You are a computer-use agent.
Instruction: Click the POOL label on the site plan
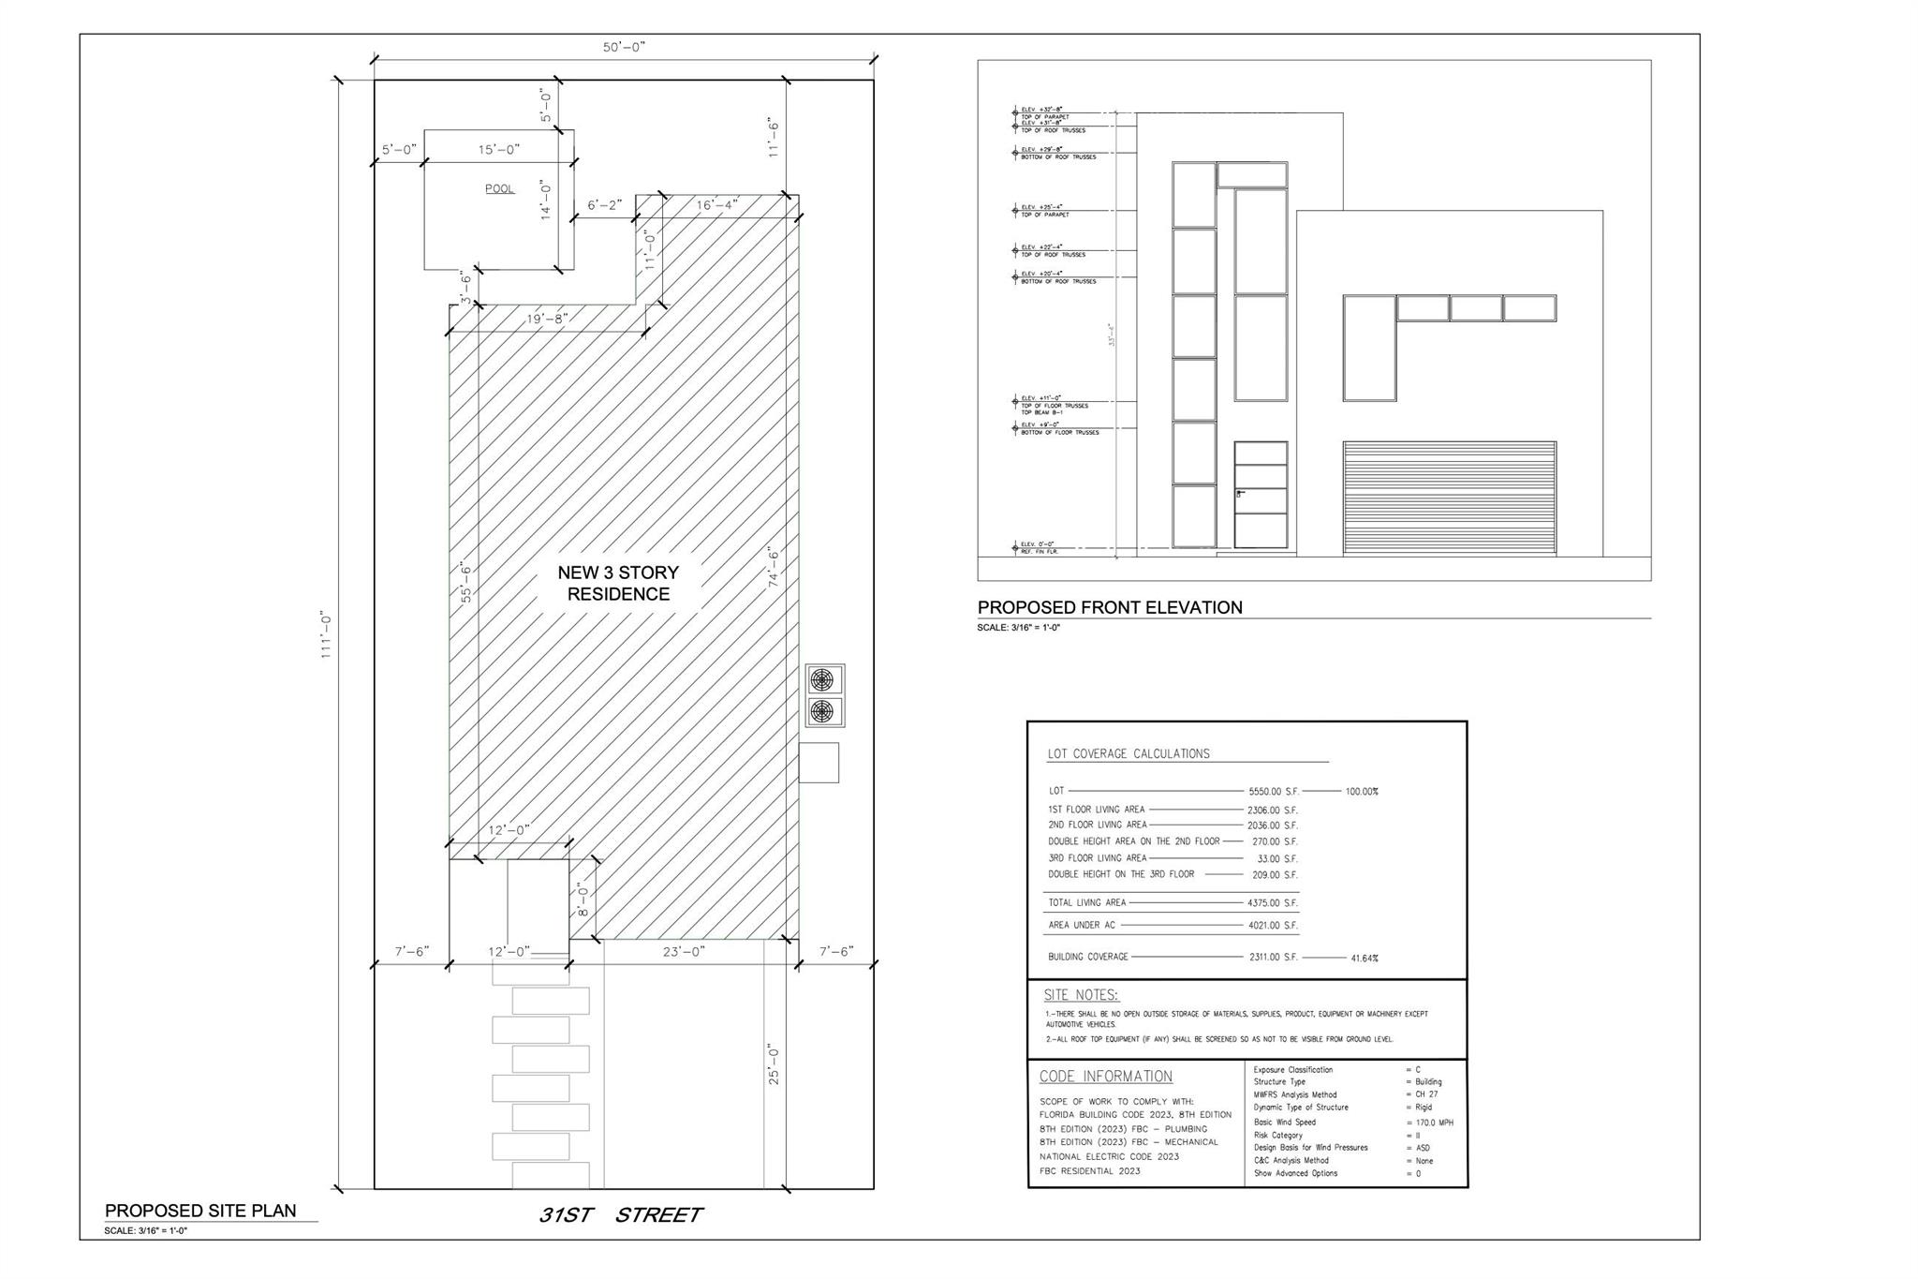click(499, 188)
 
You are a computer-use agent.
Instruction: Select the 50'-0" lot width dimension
click(624, 47)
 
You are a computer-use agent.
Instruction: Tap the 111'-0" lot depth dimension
click(327, 635)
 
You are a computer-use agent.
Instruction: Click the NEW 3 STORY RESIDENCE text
click(618, 583)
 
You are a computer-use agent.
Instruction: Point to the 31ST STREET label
click(620, 1215)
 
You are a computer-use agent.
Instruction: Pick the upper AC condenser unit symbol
click(821, 679)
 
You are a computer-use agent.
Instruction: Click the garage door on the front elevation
click(1449, 498)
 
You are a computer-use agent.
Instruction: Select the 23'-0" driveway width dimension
click(684, 951)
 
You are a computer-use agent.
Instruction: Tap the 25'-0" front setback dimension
click(775, 1064)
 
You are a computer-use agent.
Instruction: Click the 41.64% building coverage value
click(1364, 959)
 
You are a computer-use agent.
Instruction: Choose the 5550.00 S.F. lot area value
click(1273, 792)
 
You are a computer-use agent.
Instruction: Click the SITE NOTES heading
click(1081, 995)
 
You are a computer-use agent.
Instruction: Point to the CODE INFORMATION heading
click(1105, 1077)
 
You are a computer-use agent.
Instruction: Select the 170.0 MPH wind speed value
click(1434, 1123)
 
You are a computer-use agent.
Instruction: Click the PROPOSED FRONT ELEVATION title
click(1110, 607)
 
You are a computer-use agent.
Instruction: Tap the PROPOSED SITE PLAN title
click(200, 1211)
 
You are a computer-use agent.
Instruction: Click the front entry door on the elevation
click(1260, 495)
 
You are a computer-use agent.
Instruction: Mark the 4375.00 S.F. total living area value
click(1272, 903)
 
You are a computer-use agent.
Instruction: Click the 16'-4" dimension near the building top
click(717, 204)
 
